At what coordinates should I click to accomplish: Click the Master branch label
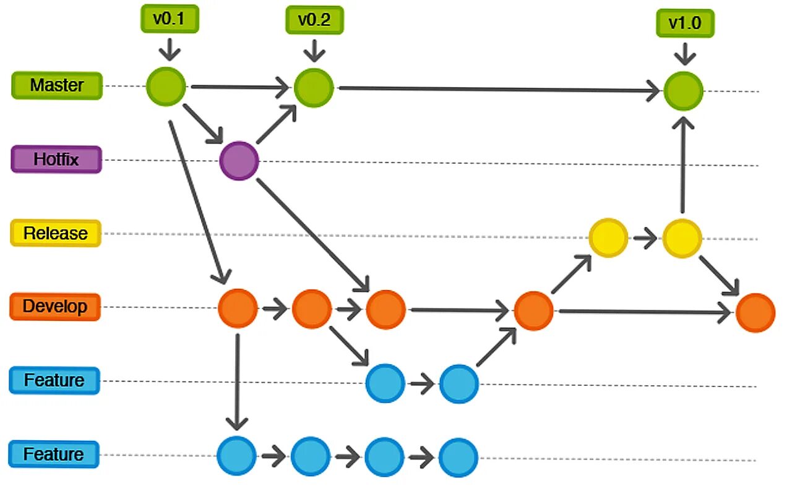coord(57,85)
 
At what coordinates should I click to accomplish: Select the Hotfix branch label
coord(56,160)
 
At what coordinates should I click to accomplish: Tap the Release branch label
coord(56,233)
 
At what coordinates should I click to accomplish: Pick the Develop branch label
coord(55,307)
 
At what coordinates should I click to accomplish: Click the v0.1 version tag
coord(169,19)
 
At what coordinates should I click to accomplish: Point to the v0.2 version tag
coord(314,20)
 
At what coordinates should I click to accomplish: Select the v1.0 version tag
coord(685,23)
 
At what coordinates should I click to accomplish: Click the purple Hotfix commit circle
coord(239,161)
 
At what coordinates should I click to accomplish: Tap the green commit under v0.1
coord(166,87)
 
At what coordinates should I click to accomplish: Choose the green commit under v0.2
coord(314,87)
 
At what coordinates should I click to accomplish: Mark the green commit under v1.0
coord(683,91)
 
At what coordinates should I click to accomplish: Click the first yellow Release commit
coord(608,237)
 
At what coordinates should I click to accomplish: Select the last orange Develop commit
coord(755,313)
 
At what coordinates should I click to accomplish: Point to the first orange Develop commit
coord(238,308)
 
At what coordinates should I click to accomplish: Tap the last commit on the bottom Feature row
coord(458,457)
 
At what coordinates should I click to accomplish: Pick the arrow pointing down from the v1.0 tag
coord(684,52)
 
